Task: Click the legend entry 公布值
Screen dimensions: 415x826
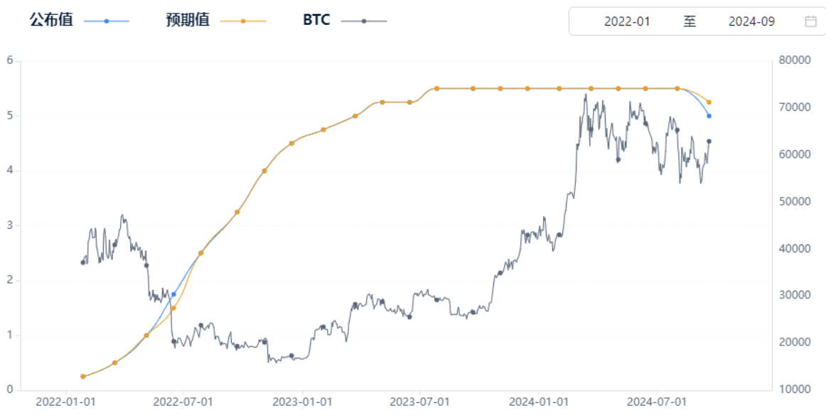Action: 50,21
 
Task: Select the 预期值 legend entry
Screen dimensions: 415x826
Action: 187,21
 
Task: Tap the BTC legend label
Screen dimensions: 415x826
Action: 316,21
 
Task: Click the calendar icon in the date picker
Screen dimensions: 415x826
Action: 810,21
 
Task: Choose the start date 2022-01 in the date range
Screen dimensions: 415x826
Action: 627,21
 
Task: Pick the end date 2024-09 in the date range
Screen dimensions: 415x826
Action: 751,21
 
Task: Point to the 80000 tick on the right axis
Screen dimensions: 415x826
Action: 793,60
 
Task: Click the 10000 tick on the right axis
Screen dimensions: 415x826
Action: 793,389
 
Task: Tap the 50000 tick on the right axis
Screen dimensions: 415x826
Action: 793,201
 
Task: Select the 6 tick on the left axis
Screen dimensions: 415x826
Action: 10,60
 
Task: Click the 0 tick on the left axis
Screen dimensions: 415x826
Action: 10,389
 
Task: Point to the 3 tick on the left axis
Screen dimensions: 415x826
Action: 10,225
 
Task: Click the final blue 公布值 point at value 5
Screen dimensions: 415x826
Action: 709,116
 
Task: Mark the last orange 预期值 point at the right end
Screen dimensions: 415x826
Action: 709,102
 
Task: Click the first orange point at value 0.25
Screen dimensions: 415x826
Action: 83,377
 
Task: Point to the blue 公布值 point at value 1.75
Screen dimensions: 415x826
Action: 173,294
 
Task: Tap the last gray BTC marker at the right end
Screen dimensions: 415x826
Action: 709,141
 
